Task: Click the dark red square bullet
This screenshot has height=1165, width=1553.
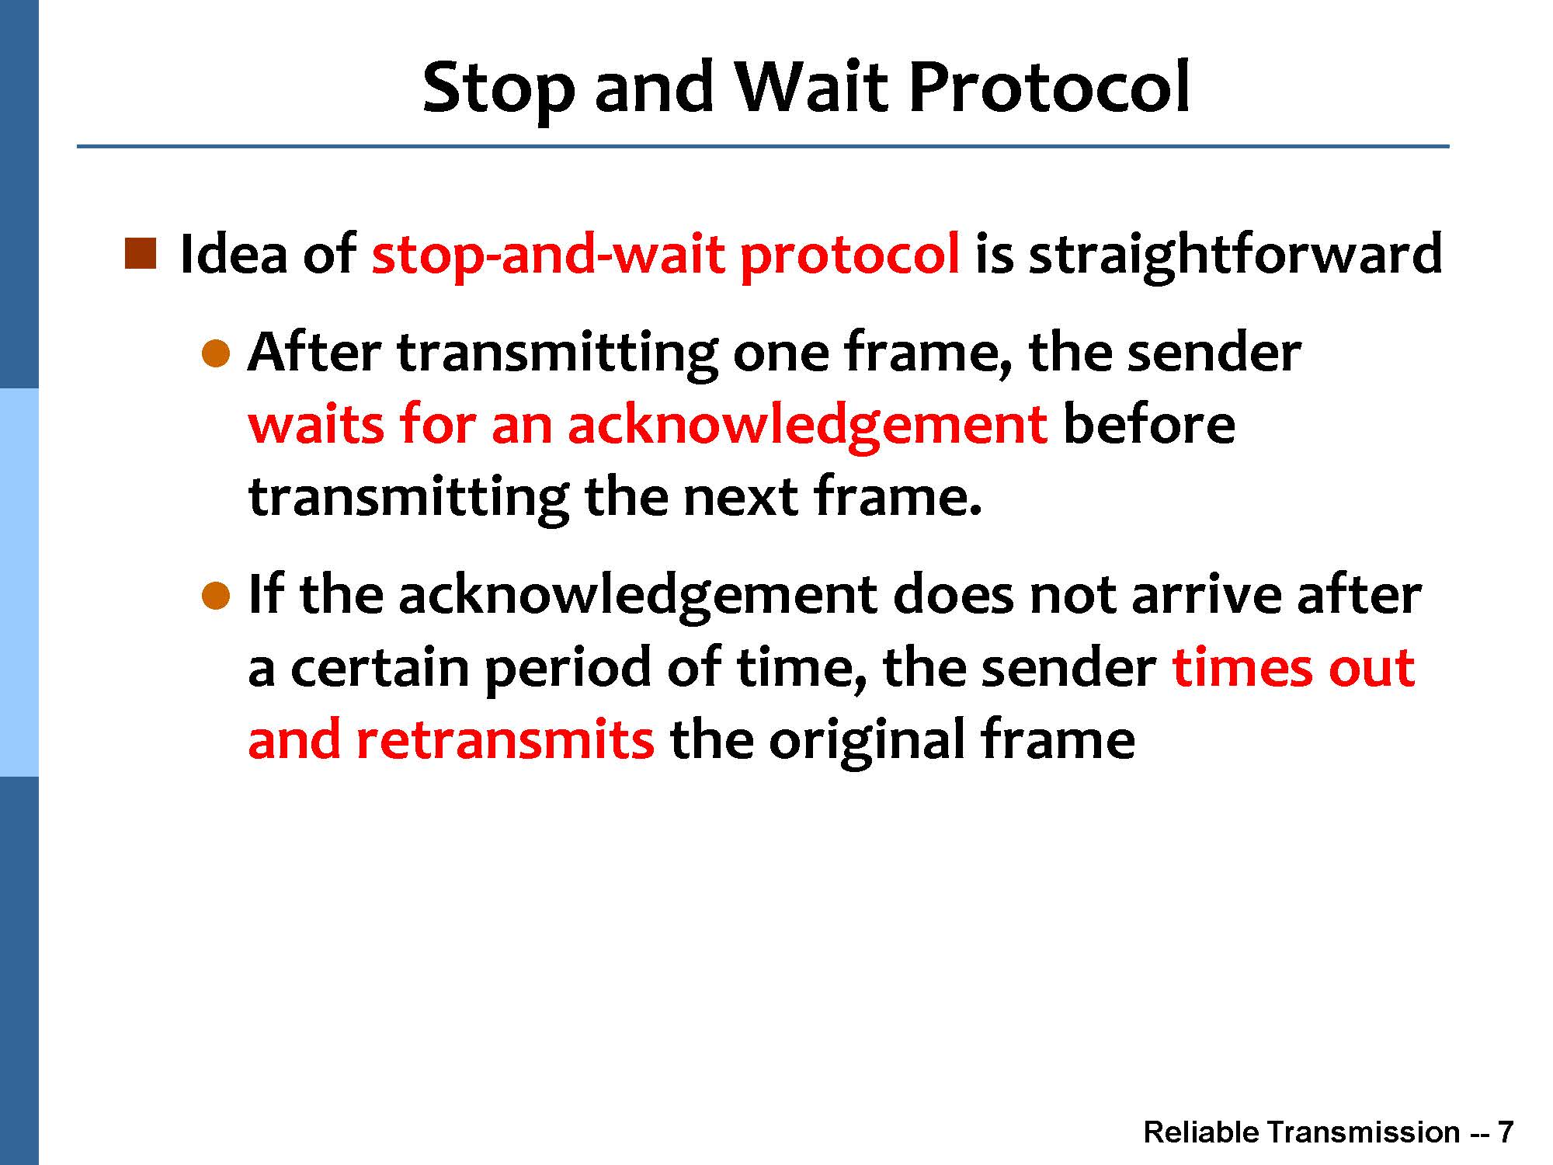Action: [141, 254]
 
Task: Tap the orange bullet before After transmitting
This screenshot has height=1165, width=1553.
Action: [217, 353]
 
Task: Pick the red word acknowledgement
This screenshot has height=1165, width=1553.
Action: [808, 426]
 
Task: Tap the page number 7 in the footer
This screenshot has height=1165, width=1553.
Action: [1506, 1132]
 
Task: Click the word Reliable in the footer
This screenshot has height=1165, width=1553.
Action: [1201, 1132]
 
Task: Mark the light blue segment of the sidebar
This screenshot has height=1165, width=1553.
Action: [19, 582]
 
